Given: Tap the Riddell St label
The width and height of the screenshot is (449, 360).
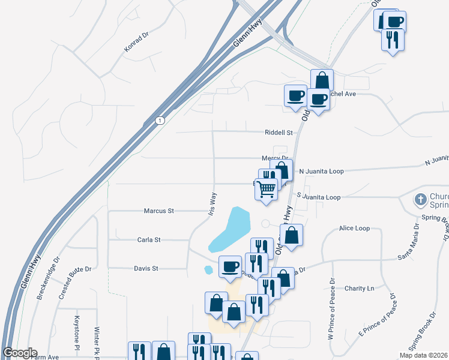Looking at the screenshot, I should pyautogui.click(x=279, y=133).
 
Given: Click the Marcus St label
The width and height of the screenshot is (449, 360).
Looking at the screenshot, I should pyautogui.click(x=158, y=211).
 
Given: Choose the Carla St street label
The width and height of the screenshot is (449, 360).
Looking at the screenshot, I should pyautogui.click(x=149, y=240).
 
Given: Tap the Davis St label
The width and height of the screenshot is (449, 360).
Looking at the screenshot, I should pyautogui.click(x=146, y=269).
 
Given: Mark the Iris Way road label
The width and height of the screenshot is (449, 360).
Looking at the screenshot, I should pyautogui.click(x=211, y=204).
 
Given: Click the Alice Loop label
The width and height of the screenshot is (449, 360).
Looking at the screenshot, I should pyautogui.click(x=354, y=229).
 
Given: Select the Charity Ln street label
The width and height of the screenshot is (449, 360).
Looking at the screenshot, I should pyautogui.click(x=359, y=289).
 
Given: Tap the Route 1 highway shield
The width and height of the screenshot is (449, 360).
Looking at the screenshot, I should pyautogui.click(x=159, y=121).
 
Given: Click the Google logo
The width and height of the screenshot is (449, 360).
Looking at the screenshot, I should pyautogui.click(x=19, y=353).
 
